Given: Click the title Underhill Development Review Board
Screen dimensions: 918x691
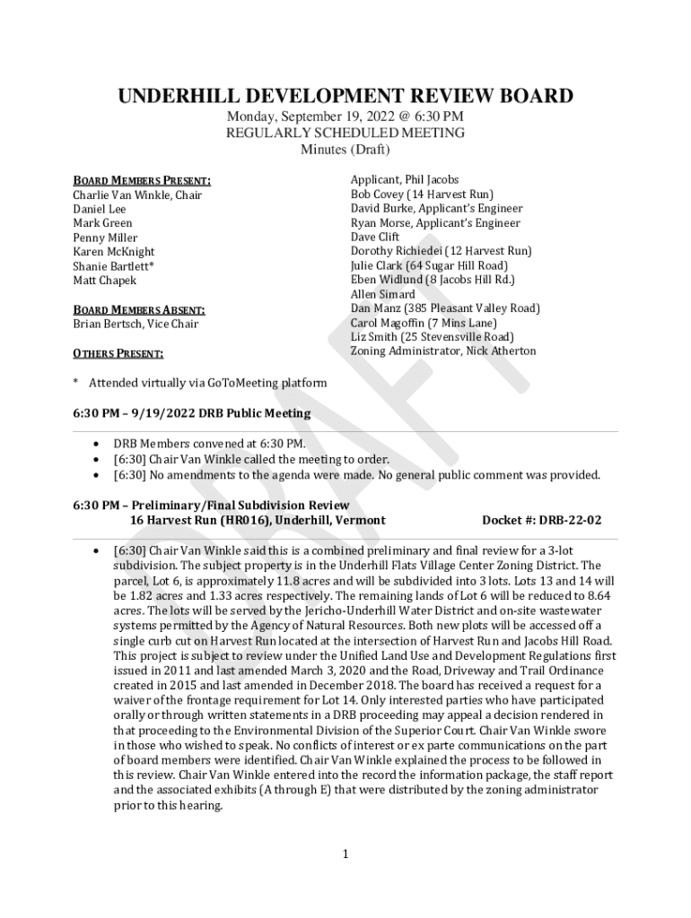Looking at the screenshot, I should coord(345,96).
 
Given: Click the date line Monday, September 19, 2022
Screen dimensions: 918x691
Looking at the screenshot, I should coord(345,117).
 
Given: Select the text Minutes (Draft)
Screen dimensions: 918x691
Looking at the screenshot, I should coord(345,149).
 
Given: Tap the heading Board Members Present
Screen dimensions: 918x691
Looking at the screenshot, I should coord(142,180).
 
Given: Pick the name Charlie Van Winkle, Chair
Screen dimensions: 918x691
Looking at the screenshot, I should coord(137,195).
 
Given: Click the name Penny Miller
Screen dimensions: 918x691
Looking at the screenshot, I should coord(105,238).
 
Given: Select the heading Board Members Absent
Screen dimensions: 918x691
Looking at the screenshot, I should coord(139,310).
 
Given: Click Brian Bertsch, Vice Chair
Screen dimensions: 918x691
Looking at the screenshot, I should coord(136,324).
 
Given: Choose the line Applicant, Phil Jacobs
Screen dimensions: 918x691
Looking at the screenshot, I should coord(404,179).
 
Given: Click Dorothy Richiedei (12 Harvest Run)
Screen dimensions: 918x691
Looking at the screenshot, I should coord(441,251).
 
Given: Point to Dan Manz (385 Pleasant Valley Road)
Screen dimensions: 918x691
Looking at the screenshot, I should coord(444,308).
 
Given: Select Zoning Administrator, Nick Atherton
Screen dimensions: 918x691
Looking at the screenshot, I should coord(442,351).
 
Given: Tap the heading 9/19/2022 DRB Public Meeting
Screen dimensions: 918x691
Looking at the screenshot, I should coord(191,413).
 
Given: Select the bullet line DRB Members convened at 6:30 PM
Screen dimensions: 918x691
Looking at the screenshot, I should coord(208,444).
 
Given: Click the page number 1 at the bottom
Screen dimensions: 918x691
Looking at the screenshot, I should coord(345,854).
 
